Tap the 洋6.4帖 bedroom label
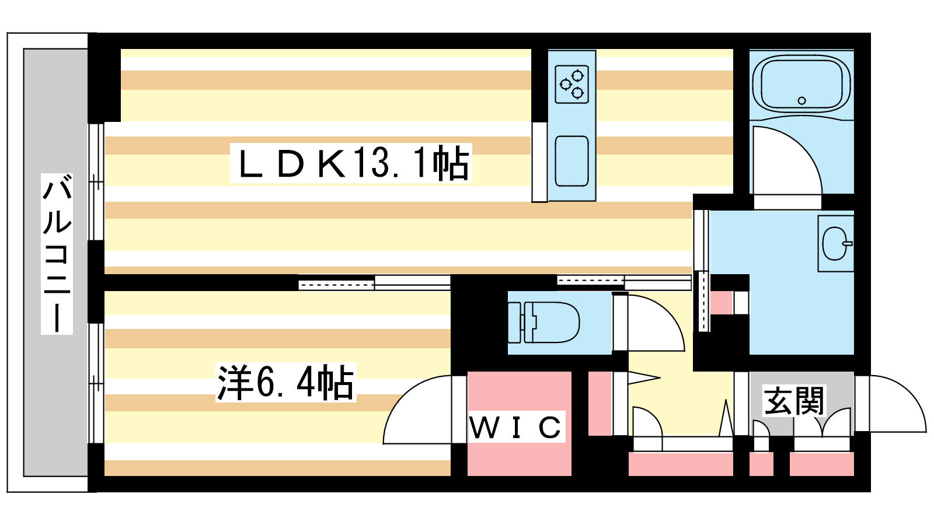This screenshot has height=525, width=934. click(x=285, y=383)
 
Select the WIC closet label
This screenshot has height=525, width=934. click(x=516, y=428)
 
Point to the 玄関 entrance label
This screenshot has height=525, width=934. click(x=794, y=401)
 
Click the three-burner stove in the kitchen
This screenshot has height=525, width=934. click(x=571, y=85)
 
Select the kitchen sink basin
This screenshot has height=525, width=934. click(x=571, y=161)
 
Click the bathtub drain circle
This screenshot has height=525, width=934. click(x=801, y=100)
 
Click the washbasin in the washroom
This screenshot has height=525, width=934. click(x=836, y=243)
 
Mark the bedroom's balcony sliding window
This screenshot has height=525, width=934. click(x=96, y=382)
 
